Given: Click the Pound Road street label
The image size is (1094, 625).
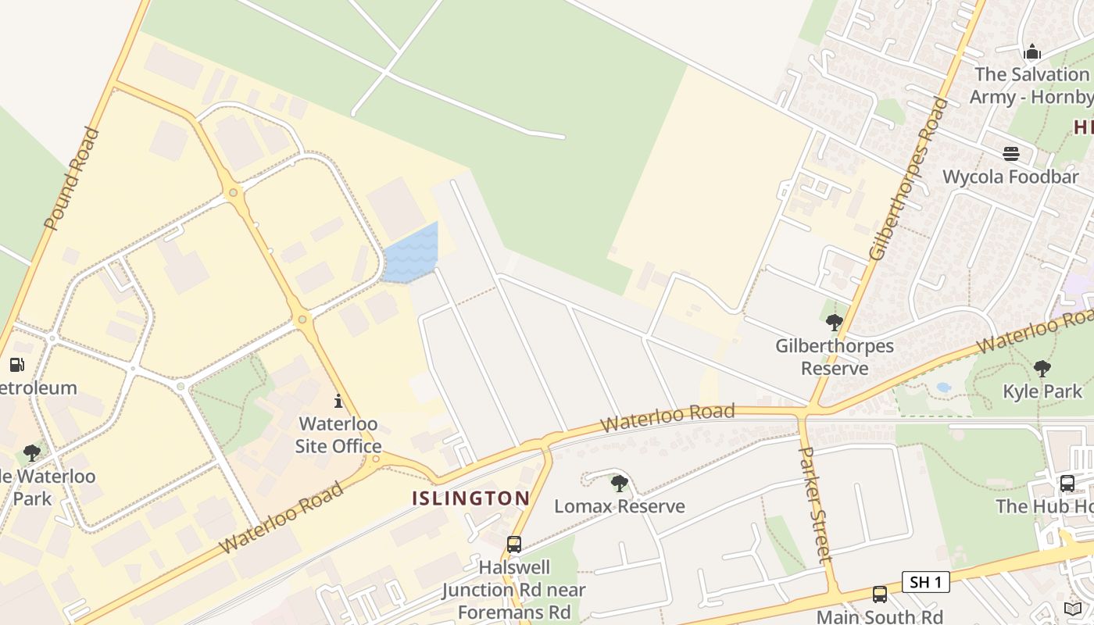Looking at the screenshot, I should pos(72,179).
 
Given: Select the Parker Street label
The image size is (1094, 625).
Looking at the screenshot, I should pos(815,504).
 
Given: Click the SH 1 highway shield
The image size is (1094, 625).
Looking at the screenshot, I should pos(926,582).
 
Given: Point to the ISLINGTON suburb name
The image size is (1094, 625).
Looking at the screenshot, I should pos(471,498).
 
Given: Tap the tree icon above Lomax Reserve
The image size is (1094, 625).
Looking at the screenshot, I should pos(619,484).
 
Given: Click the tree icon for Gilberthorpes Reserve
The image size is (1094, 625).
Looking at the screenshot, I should pos(834,322).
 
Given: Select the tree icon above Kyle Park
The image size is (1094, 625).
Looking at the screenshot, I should pos(1042,368).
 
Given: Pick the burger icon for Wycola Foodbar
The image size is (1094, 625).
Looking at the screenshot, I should pos(1011,154).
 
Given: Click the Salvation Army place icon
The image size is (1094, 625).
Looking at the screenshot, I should pos(1032,52).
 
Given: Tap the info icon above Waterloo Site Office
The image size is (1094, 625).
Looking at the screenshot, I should pos(338,402).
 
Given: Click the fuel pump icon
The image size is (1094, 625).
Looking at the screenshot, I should pos(16,365).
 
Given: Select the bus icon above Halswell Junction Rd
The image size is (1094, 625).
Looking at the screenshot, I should pos(513,545).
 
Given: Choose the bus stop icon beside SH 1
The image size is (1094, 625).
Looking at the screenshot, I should pos(880,595).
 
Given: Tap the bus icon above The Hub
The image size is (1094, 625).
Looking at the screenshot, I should pos(1067,484).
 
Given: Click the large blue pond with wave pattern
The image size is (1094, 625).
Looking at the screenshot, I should pos(411,253).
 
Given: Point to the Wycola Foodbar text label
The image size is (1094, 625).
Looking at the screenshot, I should pos(1010,177).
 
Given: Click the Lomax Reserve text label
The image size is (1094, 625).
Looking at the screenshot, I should pos(619,506).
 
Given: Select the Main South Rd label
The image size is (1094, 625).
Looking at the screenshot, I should pos(879,616).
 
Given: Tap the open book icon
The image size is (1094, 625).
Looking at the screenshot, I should pos(1074,609).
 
